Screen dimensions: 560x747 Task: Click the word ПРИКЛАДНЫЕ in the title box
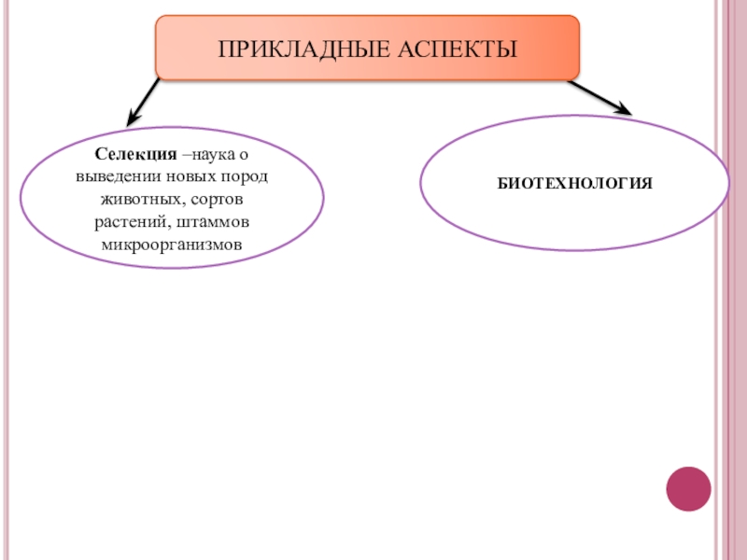(283, 48)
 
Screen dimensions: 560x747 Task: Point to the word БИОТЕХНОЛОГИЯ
(574, 184)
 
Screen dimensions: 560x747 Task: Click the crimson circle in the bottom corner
(688, 488)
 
